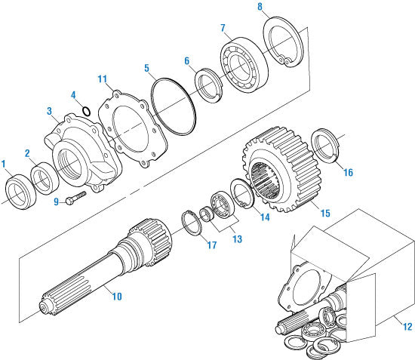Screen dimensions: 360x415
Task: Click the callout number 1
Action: point(5,163)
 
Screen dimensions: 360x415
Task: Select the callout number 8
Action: point(260,8)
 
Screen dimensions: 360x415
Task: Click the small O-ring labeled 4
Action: point(88,112)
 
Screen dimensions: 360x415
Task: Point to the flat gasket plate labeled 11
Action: point(134,128)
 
